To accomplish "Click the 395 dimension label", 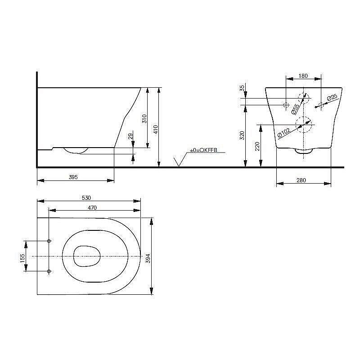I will tap(74, 177).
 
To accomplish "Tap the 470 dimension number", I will tap(92, 207).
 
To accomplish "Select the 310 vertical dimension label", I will tap(144, 118).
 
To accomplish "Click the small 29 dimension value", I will tap(130, 136).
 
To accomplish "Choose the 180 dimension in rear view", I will tap(303, 76).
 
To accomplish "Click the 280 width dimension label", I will tap(301, 180).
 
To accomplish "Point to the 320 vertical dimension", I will tap(242, 135).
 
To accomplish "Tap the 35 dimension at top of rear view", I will tap(242, 88).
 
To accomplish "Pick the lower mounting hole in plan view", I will tap(49, 271).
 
